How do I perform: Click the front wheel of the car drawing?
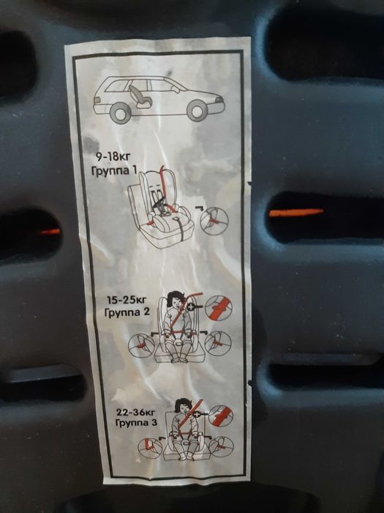point(197,111)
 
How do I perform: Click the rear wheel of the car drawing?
point(121,111)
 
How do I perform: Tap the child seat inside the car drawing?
point(140,96)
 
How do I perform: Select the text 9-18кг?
point(113,157)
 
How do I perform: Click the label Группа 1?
point(114,171)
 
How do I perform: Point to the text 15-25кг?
point(127,300)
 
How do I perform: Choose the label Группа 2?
point(127,312)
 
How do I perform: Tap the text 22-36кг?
point(135,412)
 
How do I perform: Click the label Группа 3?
point(136,423)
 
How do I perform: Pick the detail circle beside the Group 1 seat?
point(214,221)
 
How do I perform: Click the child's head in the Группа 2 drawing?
point(176,299)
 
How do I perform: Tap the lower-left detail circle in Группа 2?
point(141,345)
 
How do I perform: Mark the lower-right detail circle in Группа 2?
point(218,344)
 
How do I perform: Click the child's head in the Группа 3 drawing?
point(184,407)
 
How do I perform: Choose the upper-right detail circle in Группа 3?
point(221,416)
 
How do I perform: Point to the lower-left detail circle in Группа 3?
point(150,448)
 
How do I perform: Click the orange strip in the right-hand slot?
point(296,213)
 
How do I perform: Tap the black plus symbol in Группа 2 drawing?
point(190,307)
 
